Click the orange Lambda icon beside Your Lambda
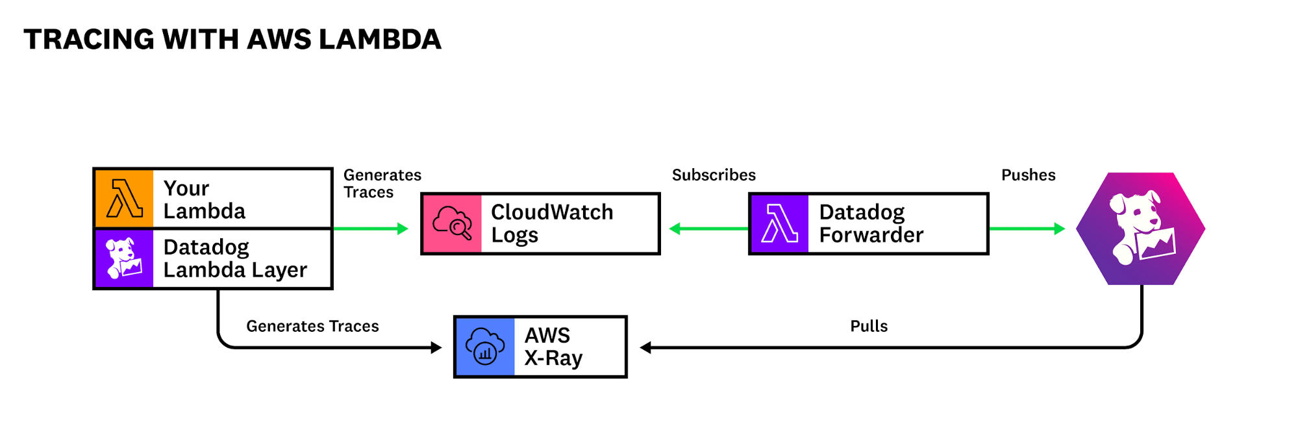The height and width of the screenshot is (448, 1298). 124,198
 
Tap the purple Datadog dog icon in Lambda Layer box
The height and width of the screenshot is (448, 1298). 124,258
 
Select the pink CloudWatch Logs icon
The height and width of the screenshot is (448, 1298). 452,223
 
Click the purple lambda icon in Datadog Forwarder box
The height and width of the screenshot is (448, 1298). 779,223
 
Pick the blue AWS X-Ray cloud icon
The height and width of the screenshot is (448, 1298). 485,347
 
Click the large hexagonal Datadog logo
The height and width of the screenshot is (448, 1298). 1141,229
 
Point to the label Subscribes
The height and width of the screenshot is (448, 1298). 714,175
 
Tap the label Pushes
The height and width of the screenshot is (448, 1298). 1028,175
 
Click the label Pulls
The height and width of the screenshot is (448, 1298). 869,326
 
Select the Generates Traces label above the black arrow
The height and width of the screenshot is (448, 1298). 312,326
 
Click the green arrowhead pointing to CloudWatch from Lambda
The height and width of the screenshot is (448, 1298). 403,229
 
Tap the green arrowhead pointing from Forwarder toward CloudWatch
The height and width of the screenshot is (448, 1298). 675,229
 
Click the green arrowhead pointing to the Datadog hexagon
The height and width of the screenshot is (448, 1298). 1060,229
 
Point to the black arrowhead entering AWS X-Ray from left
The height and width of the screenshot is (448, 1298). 436,347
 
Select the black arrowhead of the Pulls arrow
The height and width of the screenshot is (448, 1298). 645,347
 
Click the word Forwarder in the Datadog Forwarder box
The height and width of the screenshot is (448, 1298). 871,235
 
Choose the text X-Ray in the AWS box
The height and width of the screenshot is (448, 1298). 553,358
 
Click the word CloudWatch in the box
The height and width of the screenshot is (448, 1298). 552,212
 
